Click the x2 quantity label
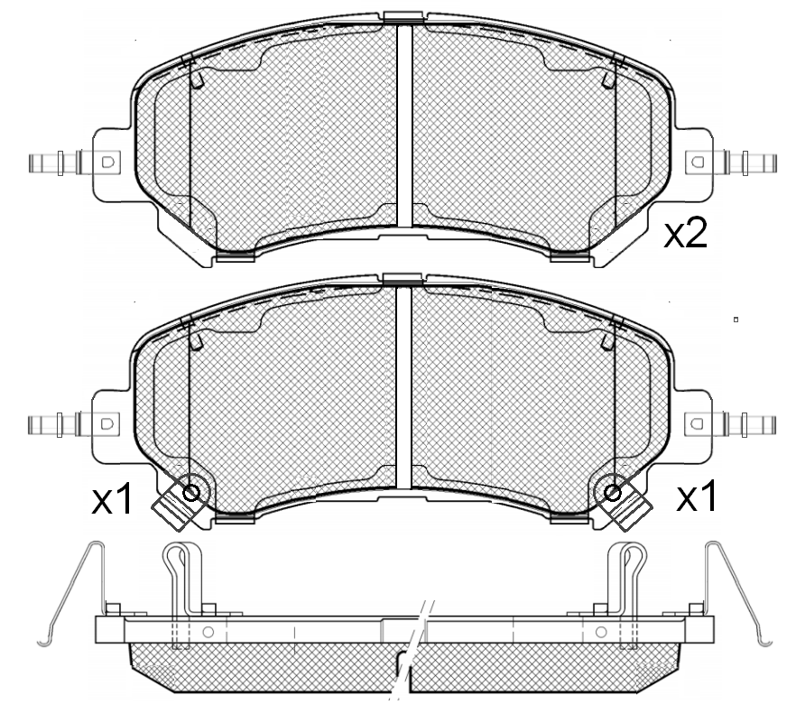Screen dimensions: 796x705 coord(686,235)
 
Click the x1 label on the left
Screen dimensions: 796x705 coord(112,499)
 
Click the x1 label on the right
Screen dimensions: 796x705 coord(697,496)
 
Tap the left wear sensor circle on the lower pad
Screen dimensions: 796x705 coord(191,492)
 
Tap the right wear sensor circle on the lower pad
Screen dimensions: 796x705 coord(613,492)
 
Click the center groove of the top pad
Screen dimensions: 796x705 coord(404,125)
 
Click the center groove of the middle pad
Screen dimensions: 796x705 coord(403,387)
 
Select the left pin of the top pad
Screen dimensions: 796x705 coord(56,162)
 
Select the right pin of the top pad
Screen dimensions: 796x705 coord(749,162)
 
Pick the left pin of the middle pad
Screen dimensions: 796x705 coord(55,424)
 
